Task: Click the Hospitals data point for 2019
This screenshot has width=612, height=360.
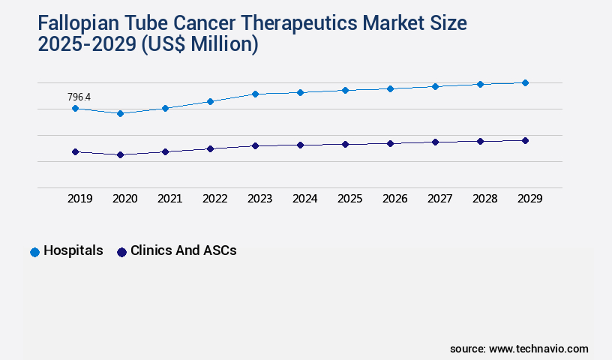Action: (75, 109)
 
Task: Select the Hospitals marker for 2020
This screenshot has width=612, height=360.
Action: (120, 113)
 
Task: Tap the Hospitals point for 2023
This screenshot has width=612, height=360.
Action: (255, 94)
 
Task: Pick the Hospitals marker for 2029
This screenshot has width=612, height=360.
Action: (525, 82)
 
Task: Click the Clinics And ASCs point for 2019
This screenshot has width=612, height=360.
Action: (75, 151)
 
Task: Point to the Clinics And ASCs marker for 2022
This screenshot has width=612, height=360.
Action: (210, 148)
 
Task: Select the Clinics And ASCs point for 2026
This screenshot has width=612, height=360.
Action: (390, 143)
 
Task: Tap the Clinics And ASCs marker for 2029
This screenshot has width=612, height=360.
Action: (525, 140)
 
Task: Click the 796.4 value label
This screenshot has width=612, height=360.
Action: (79, 97)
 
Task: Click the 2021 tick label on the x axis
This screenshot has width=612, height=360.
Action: (169, 199)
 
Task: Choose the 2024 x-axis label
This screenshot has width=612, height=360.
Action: (304, 199)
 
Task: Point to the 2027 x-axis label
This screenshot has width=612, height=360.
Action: (439, 199)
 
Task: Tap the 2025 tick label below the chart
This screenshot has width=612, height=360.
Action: (349, 199)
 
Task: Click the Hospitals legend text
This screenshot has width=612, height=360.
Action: (73, 251)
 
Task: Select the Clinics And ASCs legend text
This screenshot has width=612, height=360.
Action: (183, 251)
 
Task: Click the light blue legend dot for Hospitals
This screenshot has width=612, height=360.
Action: (34, 252)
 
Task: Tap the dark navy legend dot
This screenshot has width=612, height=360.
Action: (121, 252)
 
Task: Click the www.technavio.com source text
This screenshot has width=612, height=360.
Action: (538, 349)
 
